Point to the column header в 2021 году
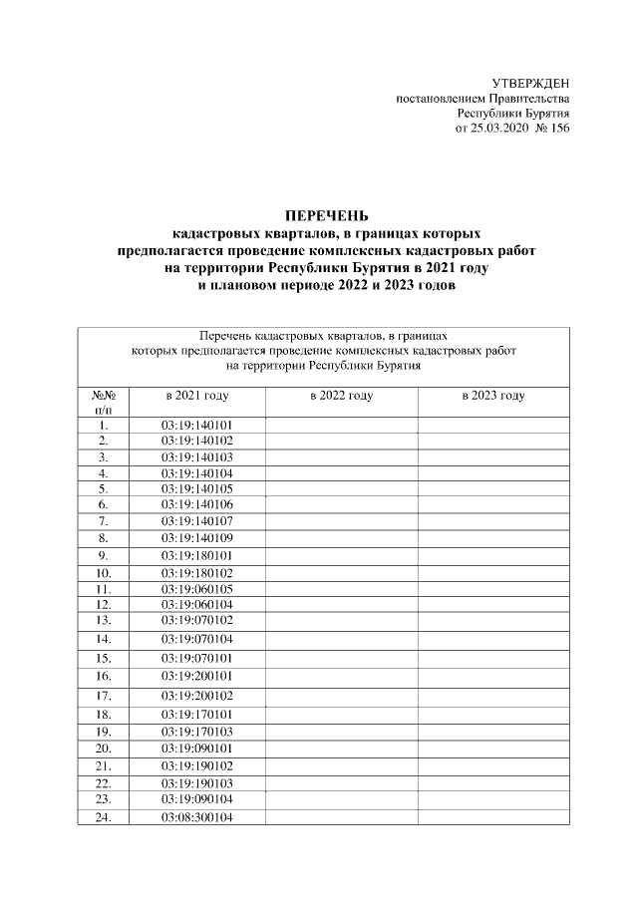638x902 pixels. (x=196, y=396)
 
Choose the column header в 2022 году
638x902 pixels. (x=341, y=396)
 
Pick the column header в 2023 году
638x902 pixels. (x=493, y=396)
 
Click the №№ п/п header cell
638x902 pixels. (x=103, y=402)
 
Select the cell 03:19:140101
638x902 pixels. (x=196, y=425)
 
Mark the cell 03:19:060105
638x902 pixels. (x=196, y=589)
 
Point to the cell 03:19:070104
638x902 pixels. (x=196, y=638)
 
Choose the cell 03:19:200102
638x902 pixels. (x=196, y=695)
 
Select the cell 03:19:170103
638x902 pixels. (x=196, y=731)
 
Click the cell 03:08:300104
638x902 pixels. (x=196, y=817)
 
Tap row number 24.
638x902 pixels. (x=103, y=817)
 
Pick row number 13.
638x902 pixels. (x=103, y=620)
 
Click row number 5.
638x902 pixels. (x=103, y=489)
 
